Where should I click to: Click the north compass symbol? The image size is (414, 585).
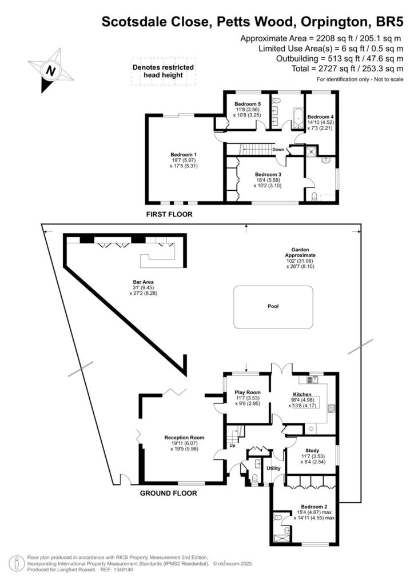51,70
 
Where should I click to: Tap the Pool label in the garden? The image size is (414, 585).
273,306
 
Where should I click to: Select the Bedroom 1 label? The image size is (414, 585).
184,154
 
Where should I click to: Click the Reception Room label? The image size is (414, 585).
185,438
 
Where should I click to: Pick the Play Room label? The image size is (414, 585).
248,392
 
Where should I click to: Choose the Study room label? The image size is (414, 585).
312,451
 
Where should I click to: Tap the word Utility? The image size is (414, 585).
274,468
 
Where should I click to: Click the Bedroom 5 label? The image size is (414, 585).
248,104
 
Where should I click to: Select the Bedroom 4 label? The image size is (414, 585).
320,117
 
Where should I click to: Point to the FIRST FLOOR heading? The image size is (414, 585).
169,215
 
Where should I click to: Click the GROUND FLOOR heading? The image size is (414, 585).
168,493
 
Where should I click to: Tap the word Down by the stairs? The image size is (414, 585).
278,150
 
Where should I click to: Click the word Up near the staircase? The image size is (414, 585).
232,446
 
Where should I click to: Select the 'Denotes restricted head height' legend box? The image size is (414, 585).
163,71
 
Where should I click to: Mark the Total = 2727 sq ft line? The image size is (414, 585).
348,69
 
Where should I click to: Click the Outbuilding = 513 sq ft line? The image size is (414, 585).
340,59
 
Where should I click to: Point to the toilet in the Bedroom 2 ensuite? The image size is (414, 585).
278,518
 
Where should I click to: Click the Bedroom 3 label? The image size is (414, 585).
268,175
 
